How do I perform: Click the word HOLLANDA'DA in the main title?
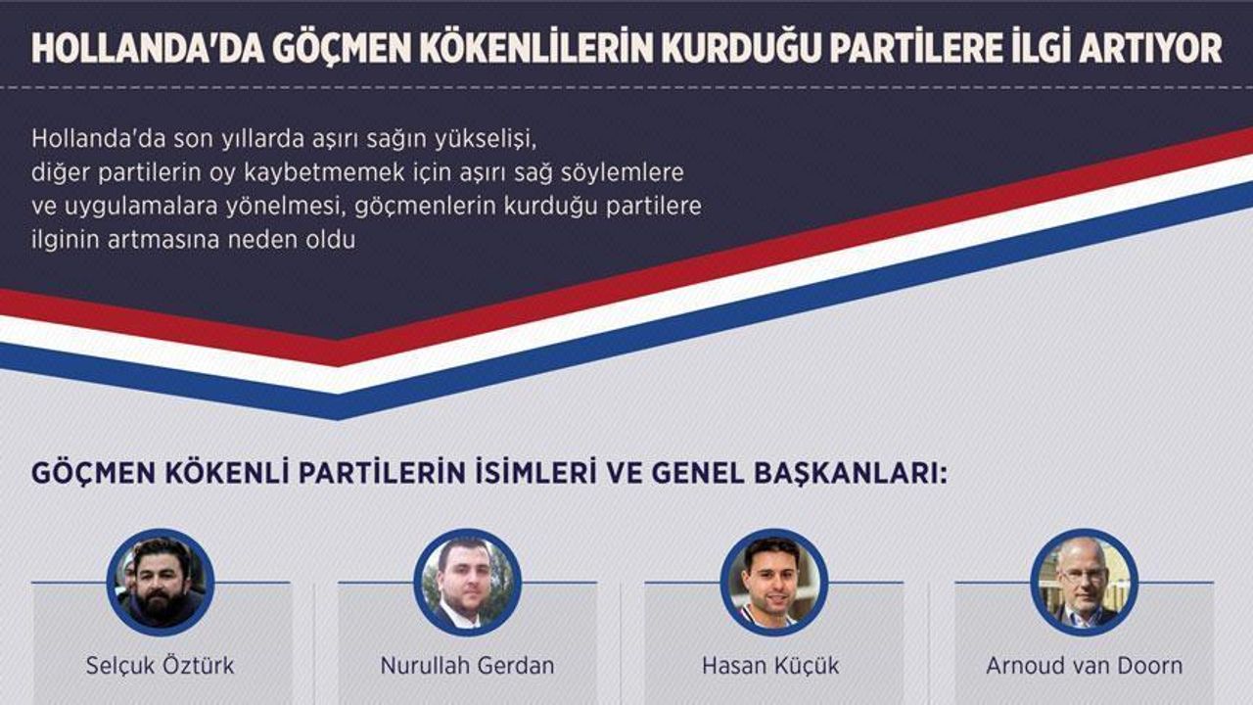click(148, 49)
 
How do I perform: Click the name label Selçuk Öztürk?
click(160, 666)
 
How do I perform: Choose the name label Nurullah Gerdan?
click(467, 666)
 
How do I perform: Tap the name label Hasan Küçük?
click(770, 666)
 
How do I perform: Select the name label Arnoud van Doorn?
click(1084, 666)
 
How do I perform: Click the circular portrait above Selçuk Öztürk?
click(160, 583)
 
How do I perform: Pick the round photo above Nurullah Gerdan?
click(467, 583)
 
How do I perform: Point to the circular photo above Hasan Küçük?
click(773, 583)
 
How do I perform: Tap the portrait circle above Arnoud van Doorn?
click(1084, 583)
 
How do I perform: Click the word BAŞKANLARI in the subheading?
click(851, 473)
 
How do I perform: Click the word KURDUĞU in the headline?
click(722, 49)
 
